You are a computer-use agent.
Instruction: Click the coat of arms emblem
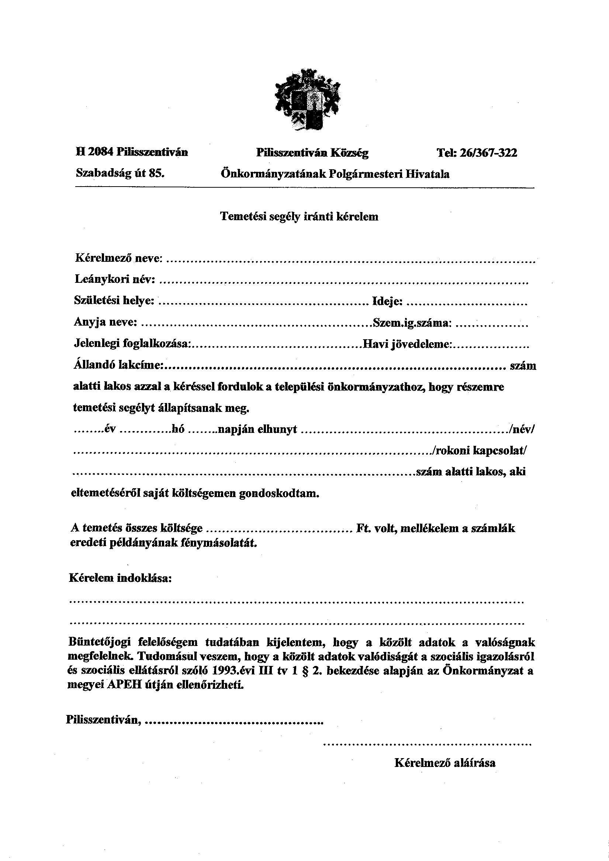coord(307,100)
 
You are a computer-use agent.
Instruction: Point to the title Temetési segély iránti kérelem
coord(299,216)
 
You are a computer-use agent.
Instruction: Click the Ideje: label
coord(388,301)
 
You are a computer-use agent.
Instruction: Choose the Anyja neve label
coord(105,322)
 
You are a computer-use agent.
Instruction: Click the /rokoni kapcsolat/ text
coord(480,450)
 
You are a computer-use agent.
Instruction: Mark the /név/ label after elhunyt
coord(520,429)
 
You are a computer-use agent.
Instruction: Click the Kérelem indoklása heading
coord(120,578)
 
